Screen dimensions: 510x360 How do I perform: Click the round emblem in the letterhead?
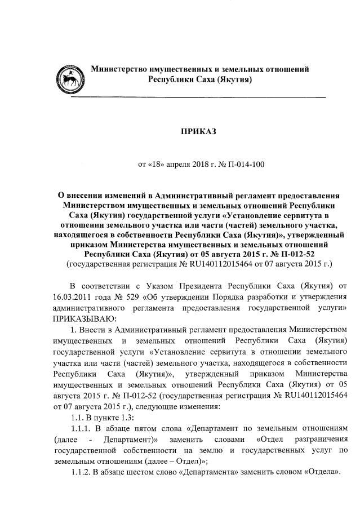coord(72,77)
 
